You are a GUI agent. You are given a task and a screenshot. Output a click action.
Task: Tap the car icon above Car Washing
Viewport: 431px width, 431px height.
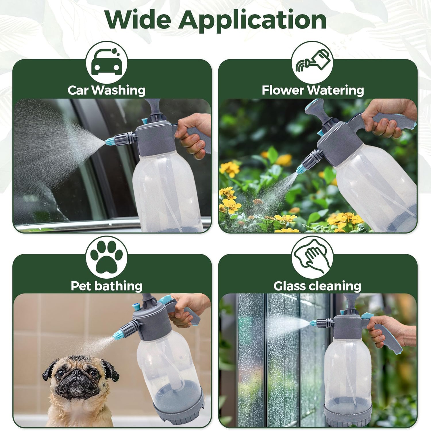107,62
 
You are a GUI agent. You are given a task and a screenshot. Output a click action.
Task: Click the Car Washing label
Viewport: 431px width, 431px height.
107,90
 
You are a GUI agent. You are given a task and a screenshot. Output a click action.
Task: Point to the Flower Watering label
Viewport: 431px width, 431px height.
313,90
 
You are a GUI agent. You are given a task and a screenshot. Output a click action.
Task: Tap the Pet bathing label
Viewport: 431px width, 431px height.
107,286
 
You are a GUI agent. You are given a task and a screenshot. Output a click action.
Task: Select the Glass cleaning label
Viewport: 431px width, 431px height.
317,286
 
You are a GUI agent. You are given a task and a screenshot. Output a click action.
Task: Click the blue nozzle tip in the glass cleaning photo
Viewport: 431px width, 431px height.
313,323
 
